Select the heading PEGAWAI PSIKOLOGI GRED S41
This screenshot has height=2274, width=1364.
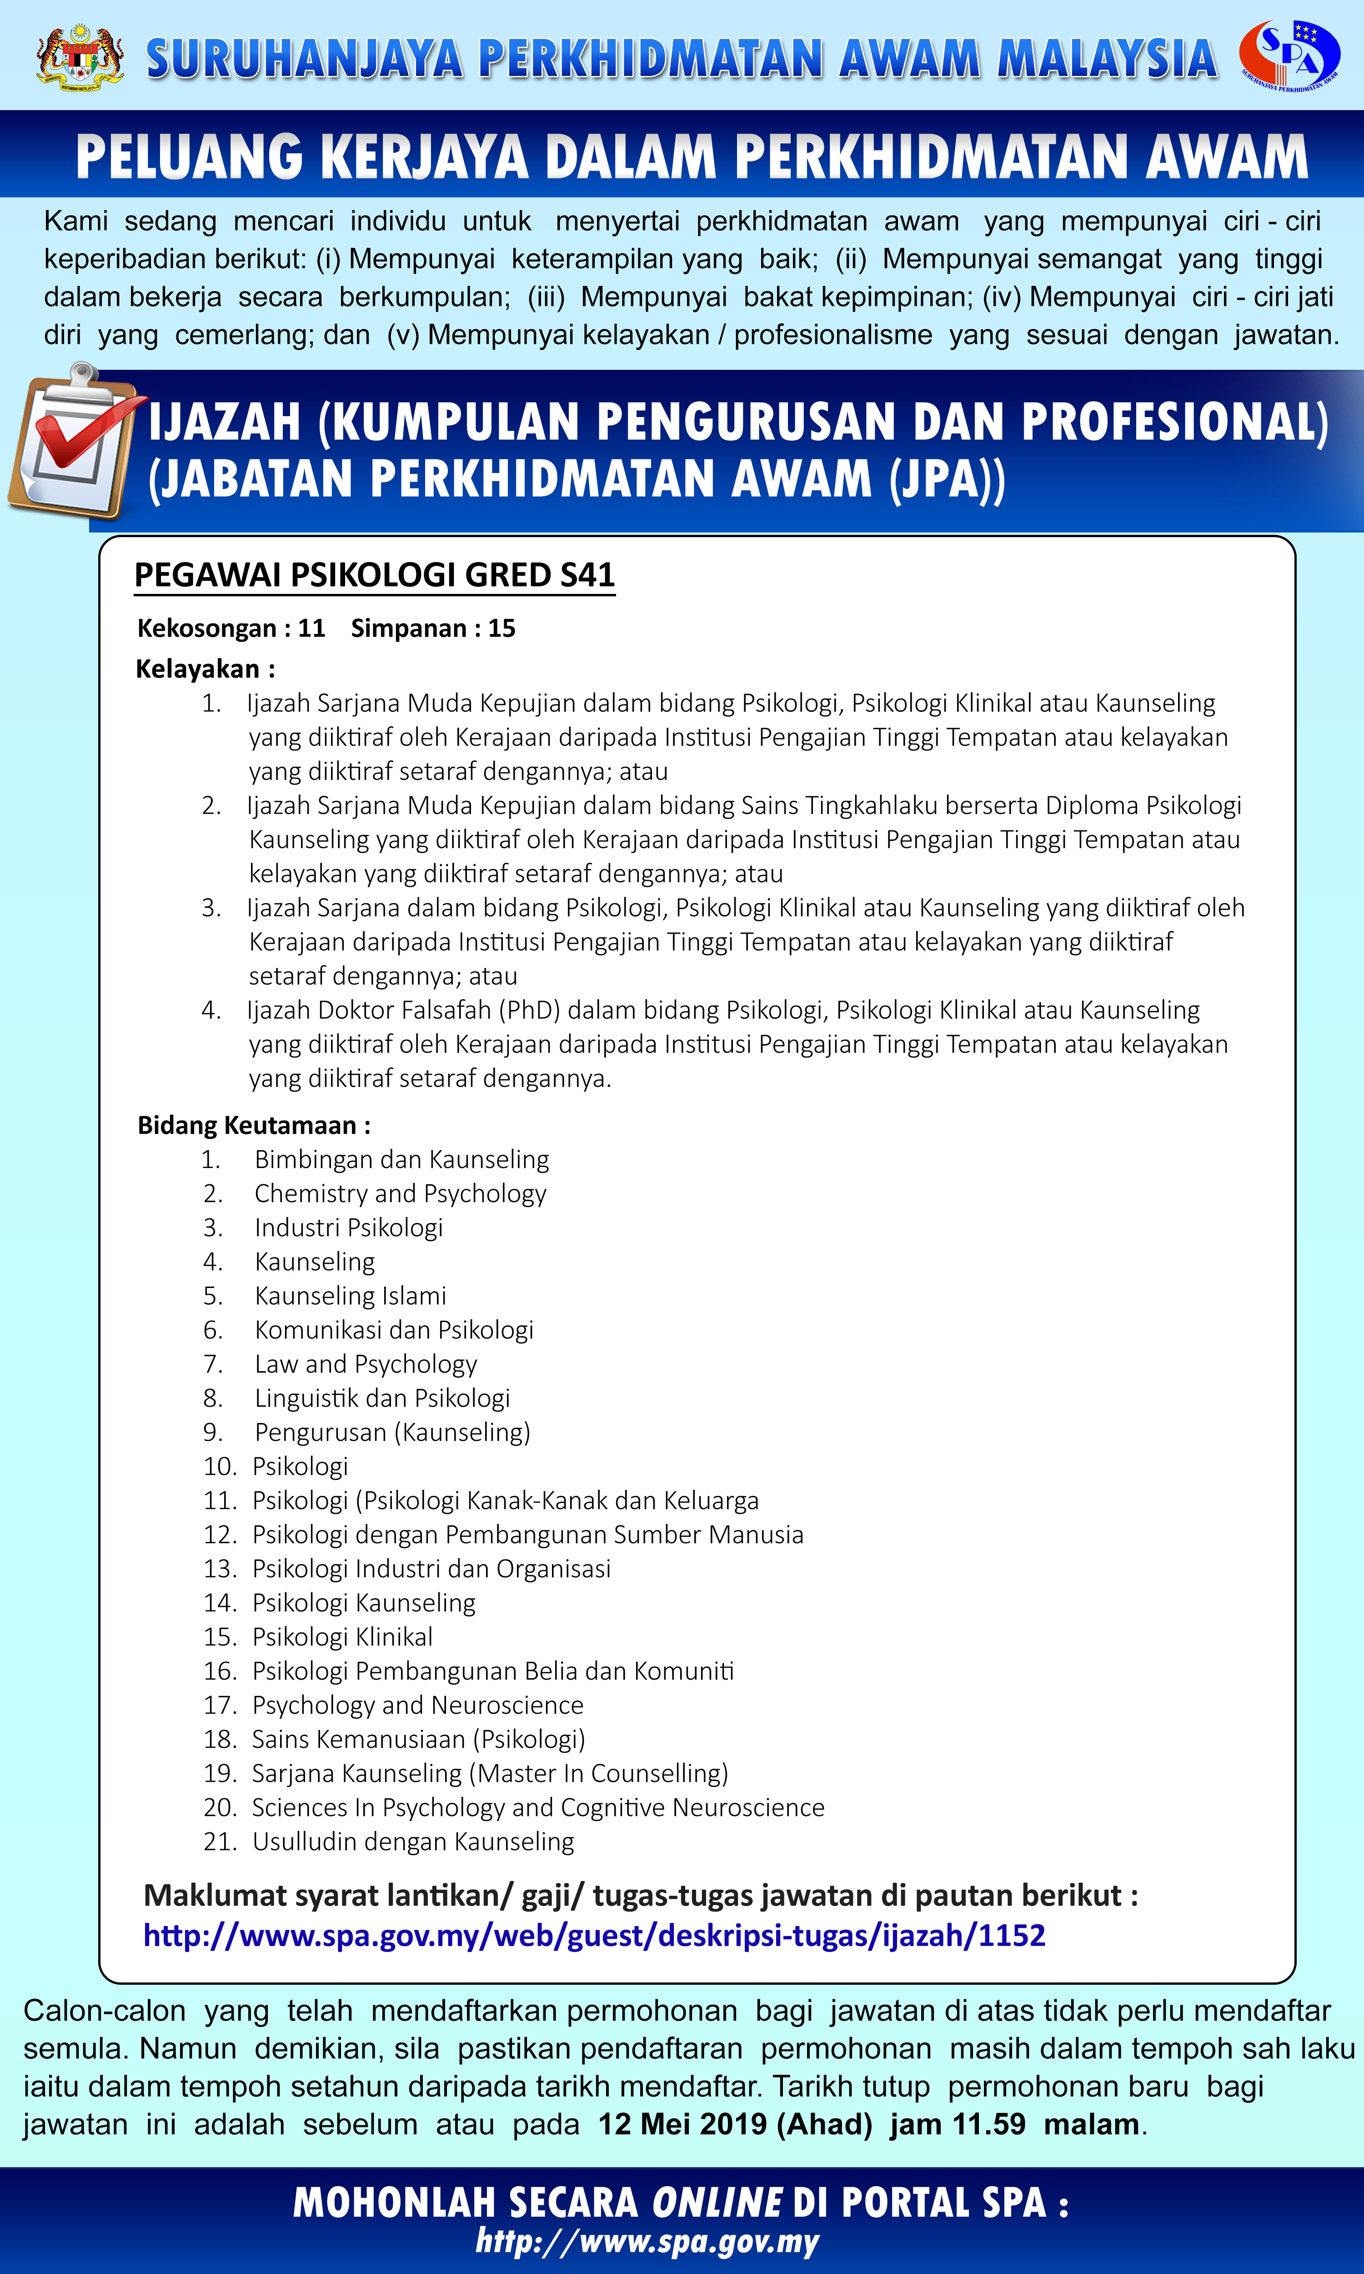point(374,574)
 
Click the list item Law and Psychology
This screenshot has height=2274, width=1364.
point(366,1364)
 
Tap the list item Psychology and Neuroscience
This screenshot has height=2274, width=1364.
point(417,1705)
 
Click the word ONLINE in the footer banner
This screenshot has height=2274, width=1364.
point(716,2202)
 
